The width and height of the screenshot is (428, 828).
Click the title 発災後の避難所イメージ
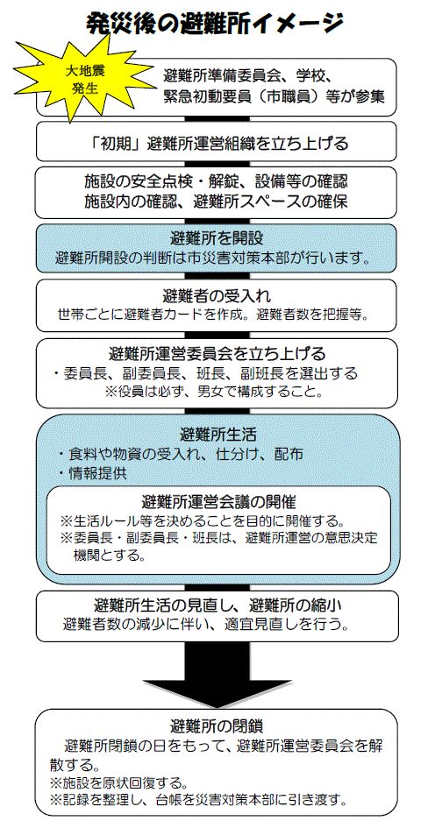tap(215, 24)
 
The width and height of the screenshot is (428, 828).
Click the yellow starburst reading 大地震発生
tap(84, 80)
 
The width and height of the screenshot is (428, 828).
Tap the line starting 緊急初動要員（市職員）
tap(275, 96)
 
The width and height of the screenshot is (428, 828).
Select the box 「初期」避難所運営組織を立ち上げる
tap(217, 142)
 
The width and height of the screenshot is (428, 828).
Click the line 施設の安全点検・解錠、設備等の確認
tap(216, 182)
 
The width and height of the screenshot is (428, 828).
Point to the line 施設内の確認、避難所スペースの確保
tap(216, 202)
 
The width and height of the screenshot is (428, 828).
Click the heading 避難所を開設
tap(217, 237)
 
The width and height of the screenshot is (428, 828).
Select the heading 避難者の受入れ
tap(217, 294)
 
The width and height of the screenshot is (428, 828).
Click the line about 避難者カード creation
tap(216, 315)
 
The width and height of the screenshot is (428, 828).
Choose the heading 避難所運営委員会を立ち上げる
tap(217, 352)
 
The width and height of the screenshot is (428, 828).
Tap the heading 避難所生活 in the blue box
tap(218, 435)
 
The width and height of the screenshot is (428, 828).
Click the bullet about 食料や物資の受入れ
tap(180, 454)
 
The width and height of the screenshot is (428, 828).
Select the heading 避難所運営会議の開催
tap(218, 500)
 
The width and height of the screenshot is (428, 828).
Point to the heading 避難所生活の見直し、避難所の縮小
tap(217, 604)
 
